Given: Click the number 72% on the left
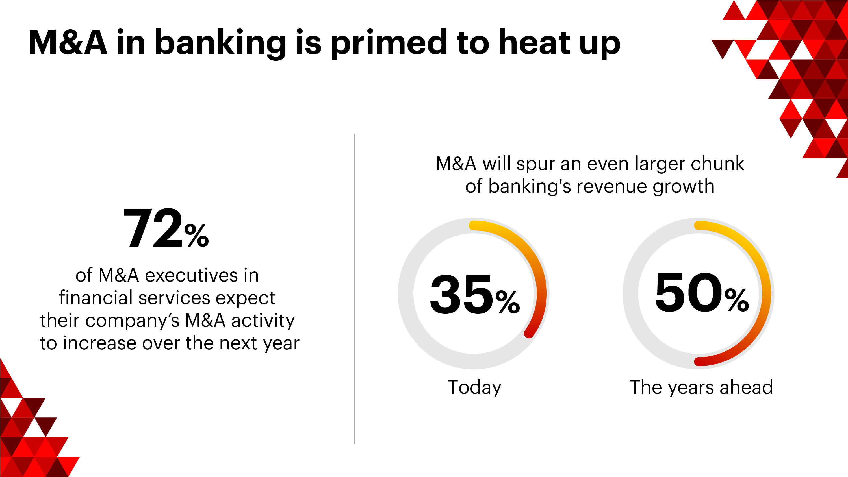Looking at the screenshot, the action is pos(166,228).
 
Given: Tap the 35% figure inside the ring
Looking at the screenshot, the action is pos(475,295).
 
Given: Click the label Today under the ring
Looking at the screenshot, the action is pos(475,387).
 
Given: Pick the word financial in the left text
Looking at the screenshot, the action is pos(96,298).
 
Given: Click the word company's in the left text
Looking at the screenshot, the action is pos(132,321).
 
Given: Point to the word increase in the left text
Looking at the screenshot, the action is pos(100,343).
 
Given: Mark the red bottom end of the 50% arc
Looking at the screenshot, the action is pos(699,361).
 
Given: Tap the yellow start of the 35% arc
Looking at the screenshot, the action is pos(473,226).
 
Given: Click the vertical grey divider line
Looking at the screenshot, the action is pos(354,289).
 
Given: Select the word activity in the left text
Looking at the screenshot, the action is pos(263,321).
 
